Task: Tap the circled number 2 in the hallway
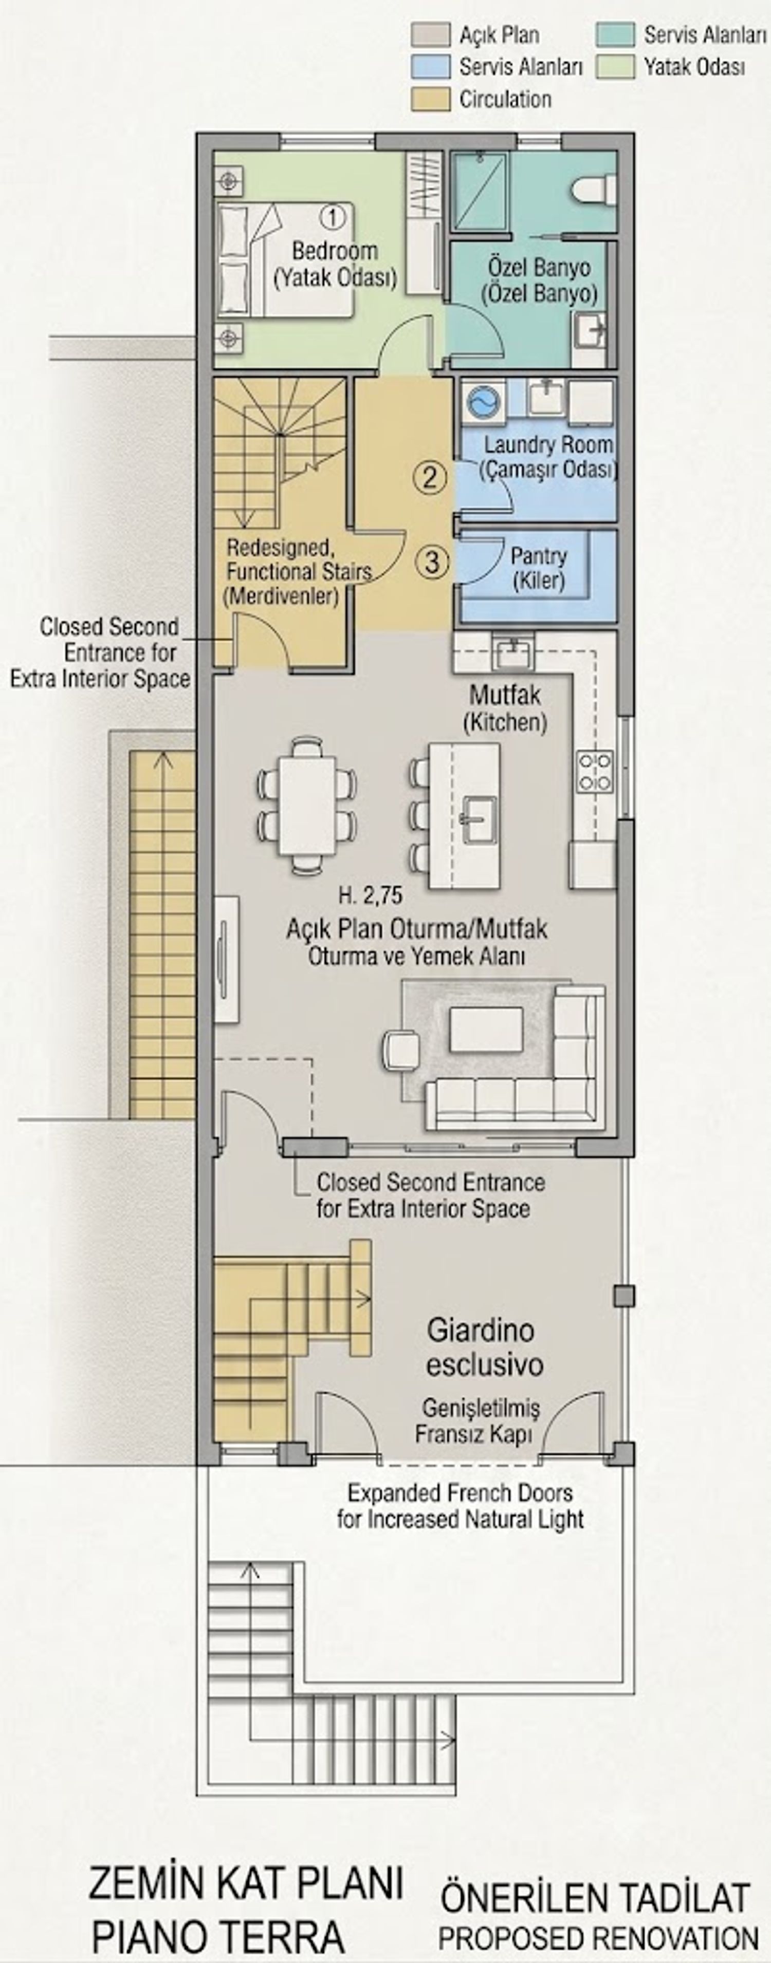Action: click(430, 478)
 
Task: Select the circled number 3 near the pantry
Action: click(432, 563)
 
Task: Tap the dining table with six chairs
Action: click(306, 804)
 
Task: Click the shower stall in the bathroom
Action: click(479, 191)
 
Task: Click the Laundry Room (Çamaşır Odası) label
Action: click(548, 457)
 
